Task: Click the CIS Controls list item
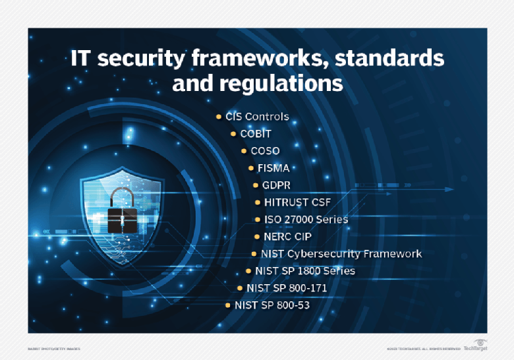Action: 257,117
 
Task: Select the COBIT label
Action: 256,134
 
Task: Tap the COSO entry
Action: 265,151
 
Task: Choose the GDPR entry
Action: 276,185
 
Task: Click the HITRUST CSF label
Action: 297,202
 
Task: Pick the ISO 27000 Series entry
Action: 306,219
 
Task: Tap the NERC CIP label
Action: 287,236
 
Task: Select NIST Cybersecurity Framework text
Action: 341,253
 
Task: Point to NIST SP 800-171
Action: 287,288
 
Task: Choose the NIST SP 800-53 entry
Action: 271,305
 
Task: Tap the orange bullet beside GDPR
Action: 256,185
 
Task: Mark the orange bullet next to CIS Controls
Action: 219,117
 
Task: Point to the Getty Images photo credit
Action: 54,348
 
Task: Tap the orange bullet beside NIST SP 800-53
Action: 228,305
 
